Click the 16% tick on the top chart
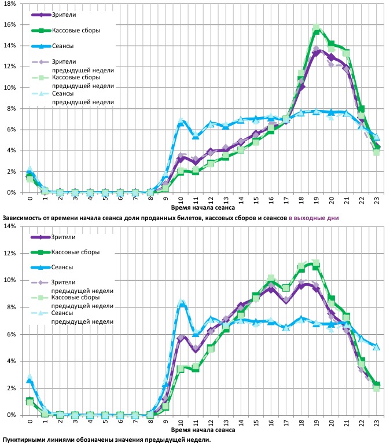coord(9,25)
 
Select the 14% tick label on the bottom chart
coord(9,226)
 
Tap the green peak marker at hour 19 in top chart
coord(317,30)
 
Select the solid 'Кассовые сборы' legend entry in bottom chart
coord(75,252)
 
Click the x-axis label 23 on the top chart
coord(377,199)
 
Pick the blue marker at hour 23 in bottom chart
coord(377,347)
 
